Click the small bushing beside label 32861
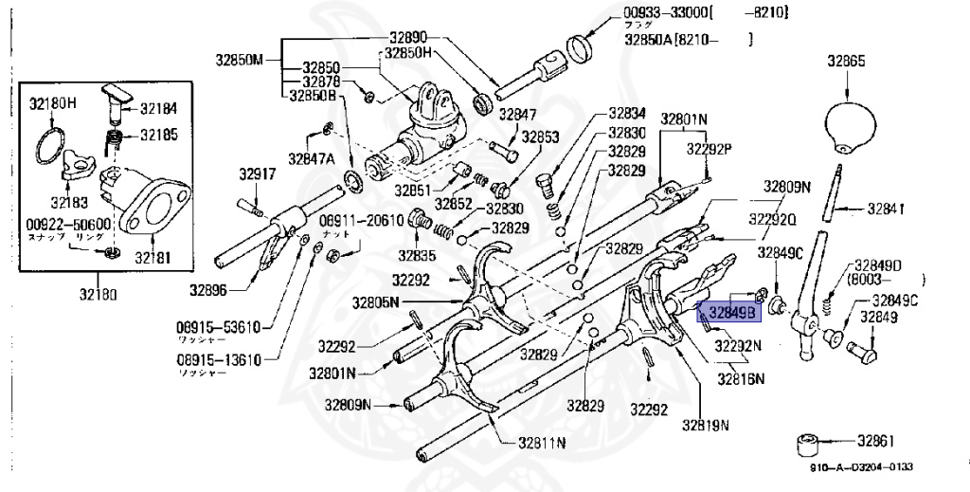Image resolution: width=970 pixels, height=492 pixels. [x=808, y=444]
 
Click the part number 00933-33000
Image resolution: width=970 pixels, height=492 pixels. [x=665, y=12]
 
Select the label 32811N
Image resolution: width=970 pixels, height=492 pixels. [x=542, y=443]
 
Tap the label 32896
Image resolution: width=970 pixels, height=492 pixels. [x=207, y=289]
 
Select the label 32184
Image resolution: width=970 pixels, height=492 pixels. [x=158, y=108]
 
